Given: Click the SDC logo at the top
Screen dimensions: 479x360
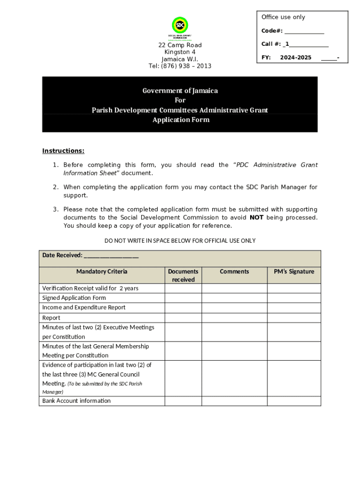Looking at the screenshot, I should click(x=180, y=25).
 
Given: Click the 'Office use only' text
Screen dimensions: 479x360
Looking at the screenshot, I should click(x=283, y=17).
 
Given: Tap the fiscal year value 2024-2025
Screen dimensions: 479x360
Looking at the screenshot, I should click(x=295, y=58).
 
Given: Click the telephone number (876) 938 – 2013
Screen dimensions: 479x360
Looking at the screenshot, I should click(x=180, y=66).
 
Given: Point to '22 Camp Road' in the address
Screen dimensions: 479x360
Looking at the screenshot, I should click(x=180, y=45).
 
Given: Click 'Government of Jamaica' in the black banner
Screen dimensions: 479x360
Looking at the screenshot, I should click(x=180, y=91).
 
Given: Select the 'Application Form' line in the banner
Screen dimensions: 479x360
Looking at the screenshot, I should click(x=180, y=120).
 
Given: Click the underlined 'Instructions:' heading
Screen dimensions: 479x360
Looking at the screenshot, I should click(x=63, y=151).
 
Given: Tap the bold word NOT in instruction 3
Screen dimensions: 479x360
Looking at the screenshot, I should click(x=256, y=218).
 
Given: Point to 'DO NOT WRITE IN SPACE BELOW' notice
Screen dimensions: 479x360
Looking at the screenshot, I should click(x=180, y=241).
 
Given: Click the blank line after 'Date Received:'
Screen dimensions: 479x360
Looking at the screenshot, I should click(x=111, y=255).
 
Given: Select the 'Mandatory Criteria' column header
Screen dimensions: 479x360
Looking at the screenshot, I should click(x=101, y=272).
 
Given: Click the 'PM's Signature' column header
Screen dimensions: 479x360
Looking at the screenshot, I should click(x=294, y=272).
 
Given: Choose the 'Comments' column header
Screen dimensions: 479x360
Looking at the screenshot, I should click(x=234, y=272).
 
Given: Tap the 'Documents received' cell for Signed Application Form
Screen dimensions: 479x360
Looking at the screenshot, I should click(x=183, y=298).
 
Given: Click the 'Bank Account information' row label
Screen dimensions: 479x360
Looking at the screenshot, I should click(x=77, y=401).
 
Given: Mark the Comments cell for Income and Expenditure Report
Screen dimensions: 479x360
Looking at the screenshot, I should click(x=234, y=308).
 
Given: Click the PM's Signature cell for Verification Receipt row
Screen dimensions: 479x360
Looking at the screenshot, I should click(x=294, y=288).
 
